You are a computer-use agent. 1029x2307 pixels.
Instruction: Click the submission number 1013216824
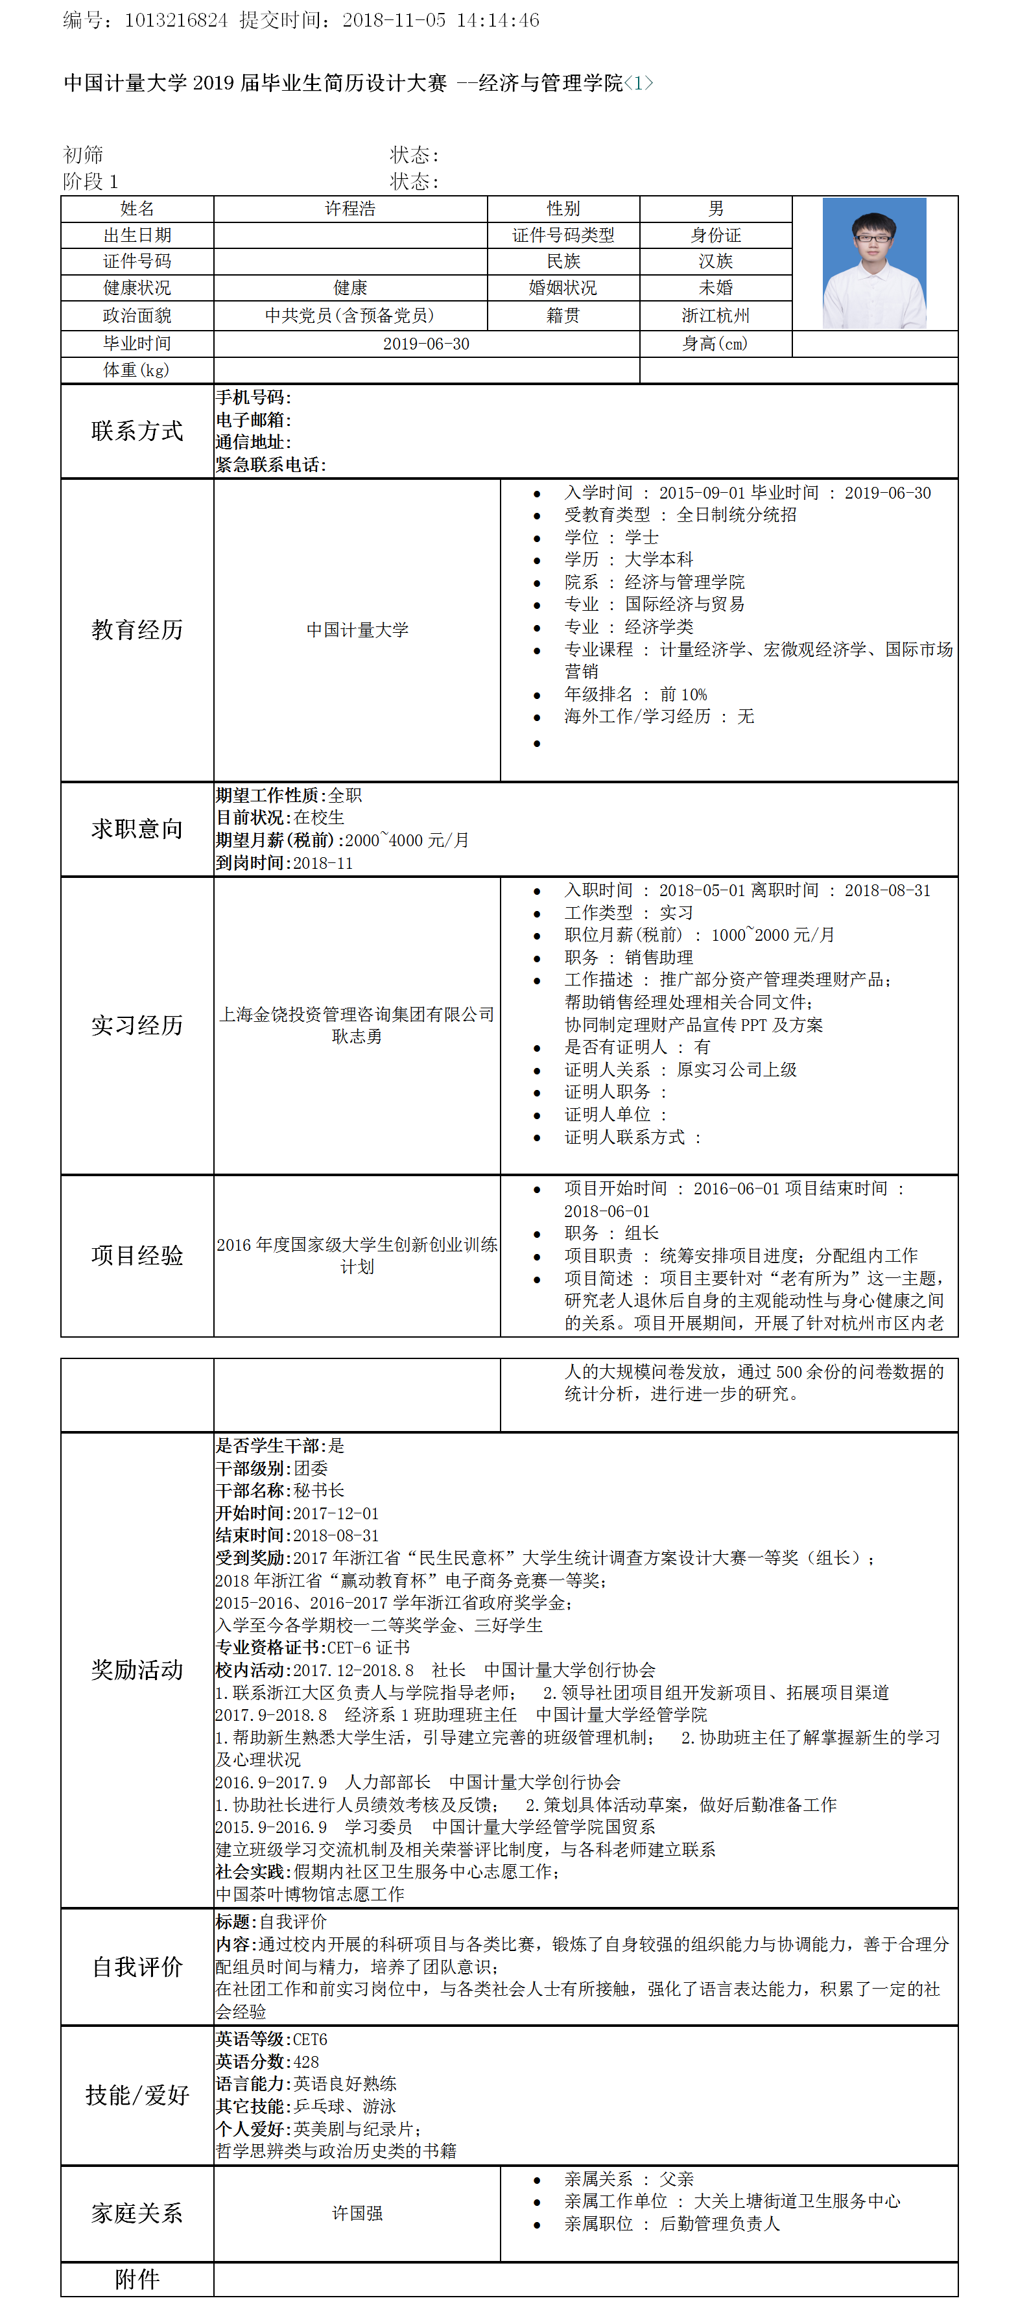point(176,19)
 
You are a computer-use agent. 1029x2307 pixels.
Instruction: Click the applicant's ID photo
point(873,263)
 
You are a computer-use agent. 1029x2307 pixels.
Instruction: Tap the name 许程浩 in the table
point(350,209)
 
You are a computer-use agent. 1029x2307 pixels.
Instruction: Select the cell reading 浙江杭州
point(716,315)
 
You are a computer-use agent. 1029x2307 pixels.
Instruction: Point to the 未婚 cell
point(716,287)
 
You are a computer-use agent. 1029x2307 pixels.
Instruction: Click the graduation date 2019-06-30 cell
point(426,344)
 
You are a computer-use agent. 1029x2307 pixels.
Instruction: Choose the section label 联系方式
point(137,431)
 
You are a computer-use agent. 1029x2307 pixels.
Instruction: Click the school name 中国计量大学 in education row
point(357,630)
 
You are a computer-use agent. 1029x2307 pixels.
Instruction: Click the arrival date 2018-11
point(324,863)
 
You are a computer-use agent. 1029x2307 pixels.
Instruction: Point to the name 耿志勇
point(357,1036)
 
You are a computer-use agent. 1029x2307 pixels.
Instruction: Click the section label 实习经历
point(137,1024)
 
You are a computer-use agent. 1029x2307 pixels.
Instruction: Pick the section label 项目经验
point(137,1255)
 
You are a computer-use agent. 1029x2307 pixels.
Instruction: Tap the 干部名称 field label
point(252,1490)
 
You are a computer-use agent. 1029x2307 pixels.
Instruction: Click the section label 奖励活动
point(137,1670)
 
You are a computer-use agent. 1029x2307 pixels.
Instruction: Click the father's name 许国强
point(357,2213)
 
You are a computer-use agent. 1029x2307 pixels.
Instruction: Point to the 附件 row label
point(137,2279)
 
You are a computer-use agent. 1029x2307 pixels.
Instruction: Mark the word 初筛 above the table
point(83,155)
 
